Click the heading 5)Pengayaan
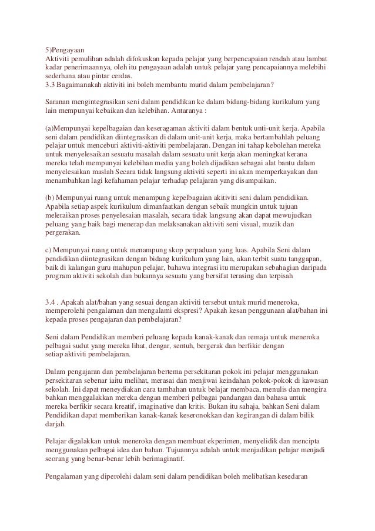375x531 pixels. click(x=69, y=49)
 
